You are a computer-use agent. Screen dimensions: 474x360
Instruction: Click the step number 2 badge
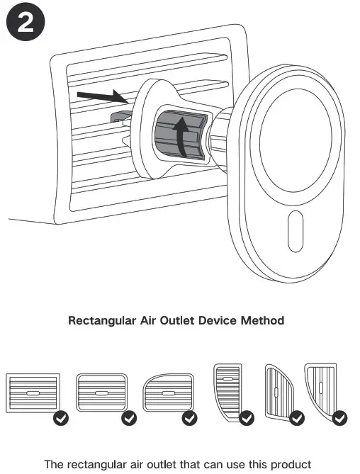point(25,24)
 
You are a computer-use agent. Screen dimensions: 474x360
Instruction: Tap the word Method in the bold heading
point(262,321)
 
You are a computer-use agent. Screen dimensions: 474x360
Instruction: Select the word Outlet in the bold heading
point(180,321)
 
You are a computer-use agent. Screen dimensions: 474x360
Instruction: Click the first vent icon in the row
point(33,392)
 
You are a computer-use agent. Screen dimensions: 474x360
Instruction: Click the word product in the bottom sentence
point(291,465)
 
